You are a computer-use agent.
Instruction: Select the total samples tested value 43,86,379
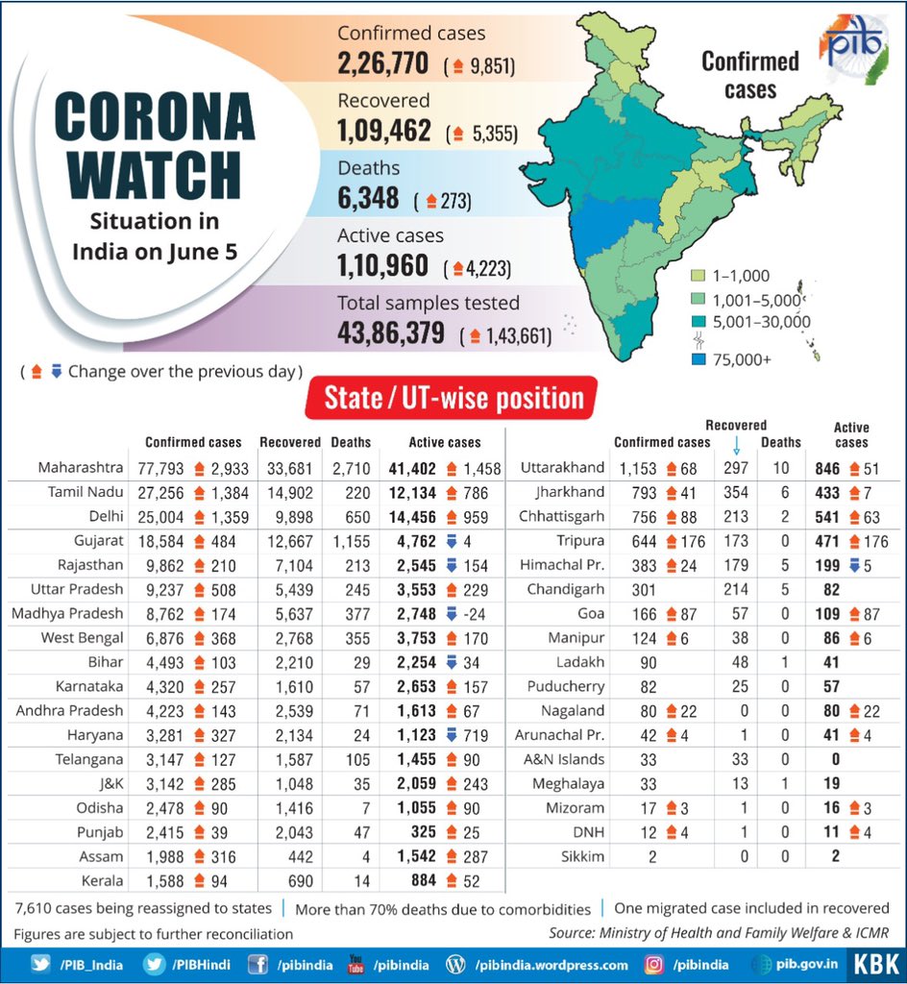click(x=391, y=333)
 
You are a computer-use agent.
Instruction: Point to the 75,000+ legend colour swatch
click(x=699, y=360)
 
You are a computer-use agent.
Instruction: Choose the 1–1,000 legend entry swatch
click(x=699, y=276)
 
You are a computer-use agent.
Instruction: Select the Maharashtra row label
click(x=81, y=468)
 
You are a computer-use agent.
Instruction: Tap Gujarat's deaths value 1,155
click(x=350, y=541)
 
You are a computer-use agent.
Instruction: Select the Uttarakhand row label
click(x=562, y=468)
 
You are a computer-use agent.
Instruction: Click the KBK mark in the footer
click(x=876, y=965)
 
